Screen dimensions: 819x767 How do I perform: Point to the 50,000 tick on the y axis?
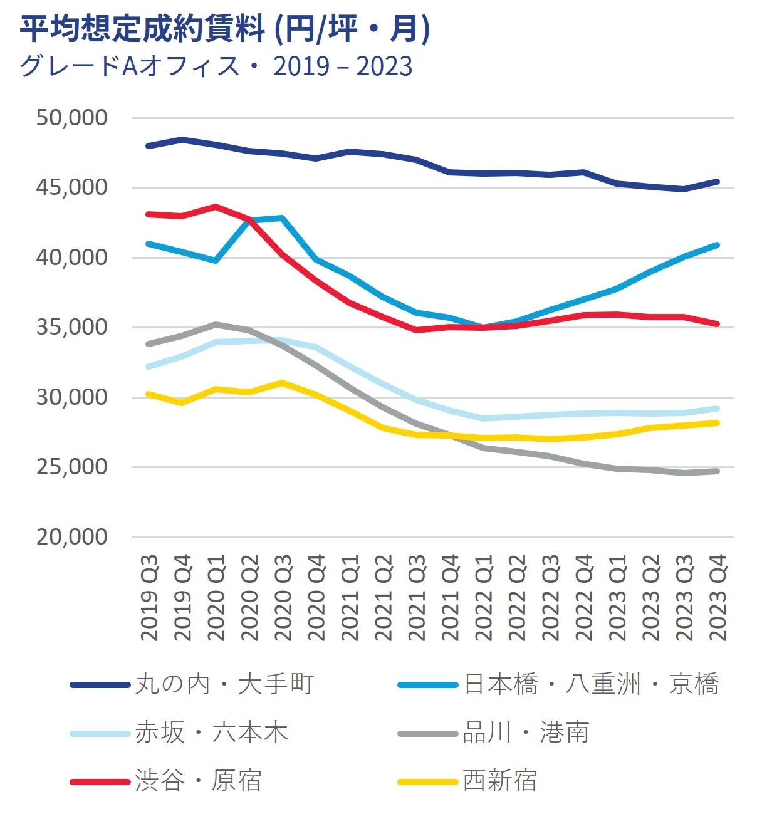pyautogui.click(x=71, y=118)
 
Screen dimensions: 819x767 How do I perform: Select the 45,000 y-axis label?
pyautogui.click(x=71, y=187)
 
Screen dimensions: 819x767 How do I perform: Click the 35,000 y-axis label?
pyautogui.click(x=71, y=327)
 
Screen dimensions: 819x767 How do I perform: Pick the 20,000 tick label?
pyautogui.click(x=71, y=537)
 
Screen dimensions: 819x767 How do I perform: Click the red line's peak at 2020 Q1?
pyautogui.click(x=216, y=206)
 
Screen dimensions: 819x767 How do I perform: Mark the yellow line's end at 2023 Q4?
pyautogui.click(x=717, y=423)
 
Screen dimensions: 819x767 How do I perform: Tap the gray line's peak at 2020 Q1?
pyautogui.click(x=216, y=324)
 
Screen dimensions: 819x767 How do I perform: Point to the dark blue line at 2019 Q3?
pyautogui.click(x=149, y=146)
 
